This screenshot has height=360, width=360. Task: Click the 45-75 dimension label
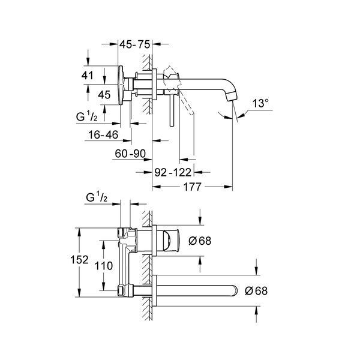135,44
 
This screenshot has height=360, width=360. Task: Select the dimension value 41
88,76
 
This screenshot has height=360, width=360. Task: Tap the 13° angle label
260,103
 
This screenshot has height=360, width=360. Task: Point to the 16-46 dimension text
103,135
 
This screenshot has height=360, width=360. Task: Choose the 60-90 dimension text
130,154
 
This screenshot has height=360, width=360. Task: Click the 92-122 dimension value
173,172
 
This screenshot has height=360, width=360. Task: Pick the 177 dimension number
193,187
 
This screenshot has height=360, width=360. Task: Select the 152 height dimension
79,260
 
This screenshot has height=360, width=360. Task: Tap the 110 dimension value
104,266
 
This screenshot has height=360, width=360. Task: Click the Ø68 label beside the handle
200,241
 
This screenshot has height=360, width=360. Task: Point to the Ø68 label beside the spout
256,291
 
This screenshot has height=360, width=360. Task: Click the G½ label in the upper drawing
87,117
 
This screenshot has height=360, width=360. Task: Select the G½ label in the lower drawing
97,197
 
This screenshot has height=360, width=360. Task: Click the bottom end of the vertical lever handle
172,125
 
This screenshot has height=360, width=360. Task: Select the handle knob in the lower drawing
171,241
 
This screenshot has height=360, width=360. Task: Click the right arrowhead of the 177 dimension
229,187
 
